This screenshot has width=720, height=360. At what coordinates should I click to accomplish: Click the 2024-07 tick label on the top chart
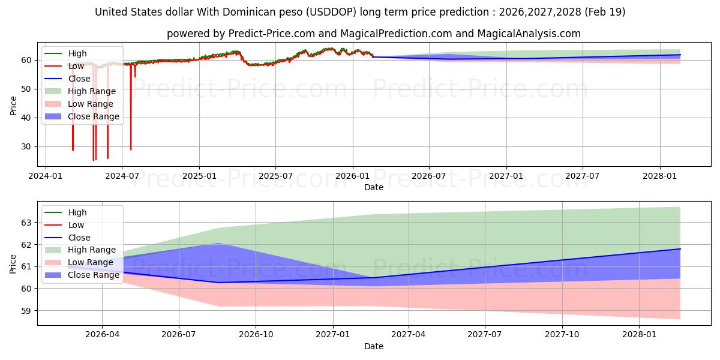[x=122, y=176]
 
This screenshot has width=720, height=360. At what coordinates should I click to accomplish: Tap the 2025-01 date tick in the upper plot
[x=199, y=176]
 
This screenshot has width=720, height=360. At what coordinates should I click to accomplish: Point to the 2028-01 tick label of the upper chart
[x=659, y=176]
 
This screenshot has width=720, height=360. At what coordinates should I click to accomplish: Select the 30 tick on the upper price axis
[x=26, y=146]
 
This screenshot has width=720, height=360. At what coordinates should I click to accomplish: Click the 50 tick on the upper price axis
[x=26, y=89]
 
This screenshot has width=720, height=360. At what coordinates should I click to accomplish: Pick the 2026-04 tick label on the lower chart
[x=102, y=335]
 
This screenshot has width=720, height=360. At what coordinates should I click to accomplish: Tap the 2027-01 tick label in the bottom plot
[x=332, y=335]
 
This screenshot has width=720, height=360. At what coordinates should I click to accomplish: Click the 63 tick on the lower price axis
[x=26, y=223]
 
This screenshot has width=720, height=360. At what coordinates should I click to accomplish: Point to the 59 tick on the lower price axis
[x=26, y=311]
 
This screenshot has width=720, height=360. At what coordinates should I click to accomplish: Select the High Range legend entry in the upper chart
[x=80, y=91]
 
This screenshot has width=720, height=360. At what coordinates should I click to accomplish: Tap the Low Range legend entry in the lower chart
[x=79, y=262]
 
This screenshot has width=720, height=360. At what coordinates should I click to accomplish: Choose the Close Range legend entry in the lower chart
[x=82, y=275]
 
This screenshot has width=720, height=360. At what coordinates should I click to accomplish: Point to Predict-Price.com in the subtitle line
[x=271, y=34]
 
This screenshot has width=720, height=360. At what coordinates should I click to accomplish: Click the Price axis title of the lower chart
[x=13, y=264]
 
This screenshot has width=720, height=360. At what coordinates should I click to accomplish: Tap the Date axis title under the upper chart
[x=373, y=187]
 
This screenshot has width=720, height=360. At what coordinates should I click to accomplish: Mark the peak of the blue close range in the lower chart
[x=218, y=244]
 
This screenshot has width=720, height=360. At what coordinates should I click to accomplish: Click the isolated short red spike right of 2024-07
[x=135, y=71]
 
